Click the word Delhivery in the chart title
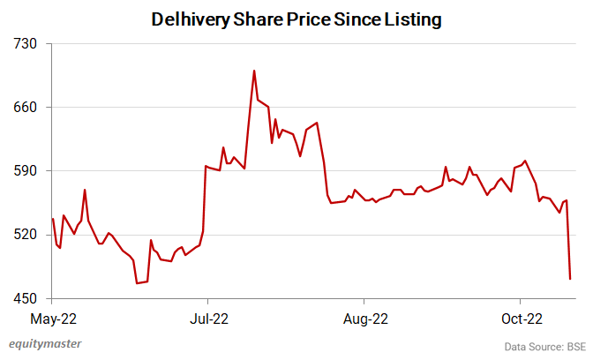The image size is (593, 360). (191, 19)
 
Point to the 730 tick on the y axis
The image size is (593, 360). (28, 43)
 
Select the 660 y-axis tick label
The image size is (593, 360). (28, 107)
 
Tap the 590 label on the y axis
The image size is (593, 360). (28, 170)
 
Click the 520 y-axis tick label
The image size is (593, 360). (28, 235)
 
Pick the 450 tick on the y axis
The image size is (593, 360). (28, 298)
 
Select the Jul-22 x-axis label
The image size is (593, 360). (208, 318)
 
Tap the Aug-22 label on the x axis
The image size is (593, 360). (364, 318)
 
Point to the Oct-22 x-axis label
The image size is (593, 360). (521, 318)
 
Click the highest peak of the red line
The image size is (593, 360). (254, 71)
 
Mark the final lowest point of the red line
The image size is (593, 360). (570, 280)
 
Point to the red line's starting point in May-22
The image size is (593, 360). (53, 219)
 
